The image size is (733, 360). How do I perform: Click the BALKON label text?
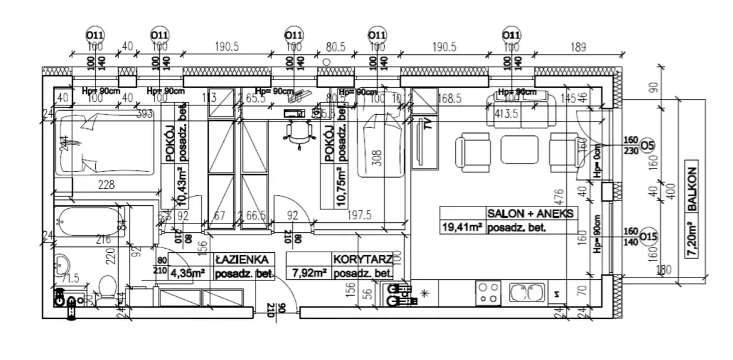pyautogui.click(x=693, y=189)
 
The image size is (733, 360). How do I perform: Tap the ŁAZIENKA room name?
pyautogui.click(x=233, y=260)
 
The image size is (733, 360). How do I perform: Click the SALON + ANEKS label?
pyautogui.click(x=530, y=213)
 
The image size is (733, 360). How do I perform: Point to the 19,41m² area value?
pyautogui.click(x=461, y=228)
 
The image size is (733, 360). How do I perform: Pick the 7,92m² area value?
pyautogui.click(x=309, y=273)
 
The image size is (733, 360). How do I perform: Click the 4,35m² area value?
pyautogui.click(x=188, y=273)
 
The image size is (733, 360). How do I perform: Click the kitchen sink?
pyautogui.click(x=526, y=293)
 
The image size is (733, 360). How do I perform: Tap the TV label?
pyautogui.click(x=426, y=125)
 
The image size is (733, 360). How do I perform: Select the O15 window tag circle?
pyautogui.click(x=648, y=236)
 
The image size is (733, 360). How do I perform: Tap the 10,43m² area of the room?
pyautogui.click(x=183, y=186)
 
